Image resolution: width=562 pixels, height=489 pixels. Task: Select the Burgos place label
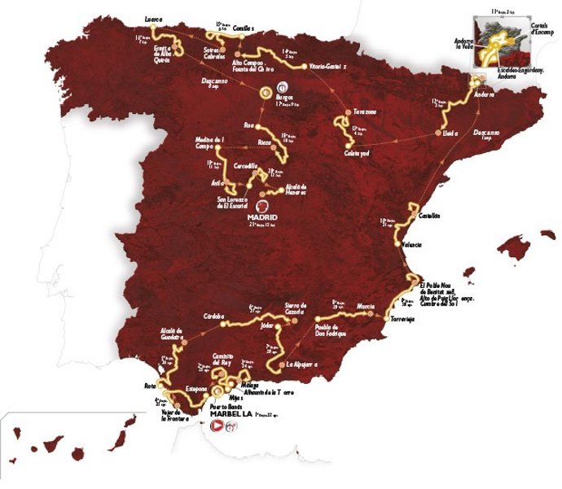tap(284, 97)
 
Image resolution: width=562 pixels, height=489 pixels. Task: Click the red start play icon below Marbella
tap(217, 426)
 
